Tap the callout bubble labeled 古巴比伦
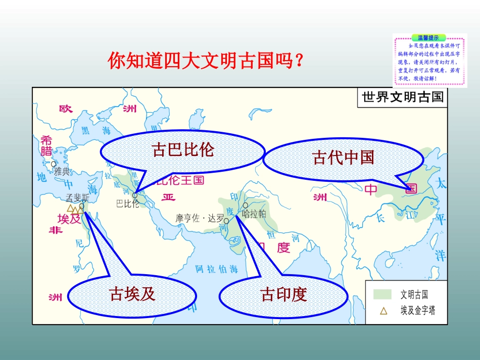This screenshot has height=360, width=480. coord(183,150)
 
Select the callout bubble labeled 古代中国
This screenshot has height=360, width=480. coord(343,158)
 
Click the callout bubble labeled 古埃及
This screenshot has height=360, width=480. coord(132,294)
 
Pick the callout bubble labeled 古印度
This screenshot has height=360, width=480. coord(283,294)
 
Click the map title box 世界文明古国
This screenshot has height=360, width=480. coord(403,97)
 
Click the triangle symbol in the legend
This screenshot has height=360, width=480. coord(383,311)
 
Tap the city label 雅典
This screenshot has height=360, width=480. coord(62,171)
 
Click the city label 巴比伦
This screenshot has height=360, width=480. coord(127,204)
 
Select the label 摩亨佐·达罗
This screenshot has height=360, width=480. coord(199,219)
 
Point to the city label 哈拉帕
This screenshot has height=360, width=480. coord(254,214)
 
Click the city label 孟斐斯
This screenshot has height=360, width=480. coord(77,198)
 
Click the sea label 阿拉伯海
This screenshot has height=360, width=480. coord(217,268)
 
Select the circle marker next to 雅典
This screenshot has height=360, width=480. coord(54,164)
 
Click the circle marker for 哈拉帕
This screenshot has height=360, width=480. coord(246,205)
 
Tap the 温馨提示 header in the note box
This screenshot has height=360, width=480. coord(429,37)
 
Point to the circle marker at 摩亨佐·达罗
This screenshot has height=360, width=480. coord(226,221)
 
